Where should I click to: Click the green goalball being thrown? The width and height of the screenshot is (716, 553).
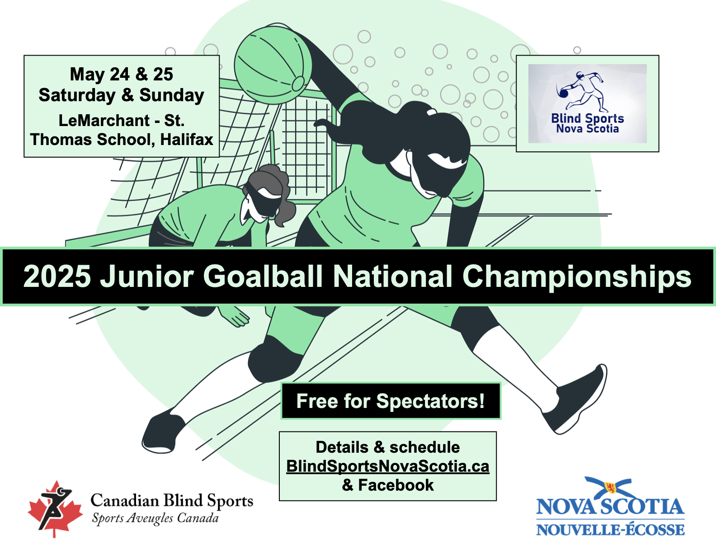[x=273, y=65]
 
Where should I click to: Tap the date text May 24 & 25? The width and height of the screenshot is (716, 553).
[x=121, y=74]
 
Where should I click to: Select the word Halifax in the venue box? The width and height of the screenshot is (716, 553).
[x=187, y=139]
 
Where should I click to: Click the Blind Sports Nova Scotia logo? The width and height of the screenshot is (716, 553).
[x=588, y=103]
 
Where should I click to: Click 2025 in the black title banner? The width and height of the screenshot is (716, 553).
[x=57, y=276]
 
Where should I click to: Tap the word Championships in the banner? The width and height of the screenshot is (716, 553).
[x=577, y=276]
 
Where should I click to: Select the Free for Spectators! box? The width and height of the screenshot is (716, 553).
[x=391, y=401]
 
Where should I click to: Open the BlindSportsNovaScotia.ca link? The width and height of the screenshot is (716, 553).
[x=388, y=466]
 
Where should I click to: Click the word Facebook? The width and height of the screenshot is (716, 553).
[x=396, y=485]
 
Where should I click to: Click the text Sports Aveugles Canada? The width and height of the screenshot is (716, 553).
[x=155, y=518]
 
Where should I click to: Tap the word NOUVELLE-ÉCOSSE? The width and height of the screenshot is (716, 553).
[x=610, y=530]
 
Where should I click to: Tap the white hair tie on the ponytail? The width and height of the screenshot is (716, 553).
[x=432, y=112]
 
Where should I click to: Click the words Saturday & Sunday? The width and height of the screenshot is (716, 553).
[x=121, y=95]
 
